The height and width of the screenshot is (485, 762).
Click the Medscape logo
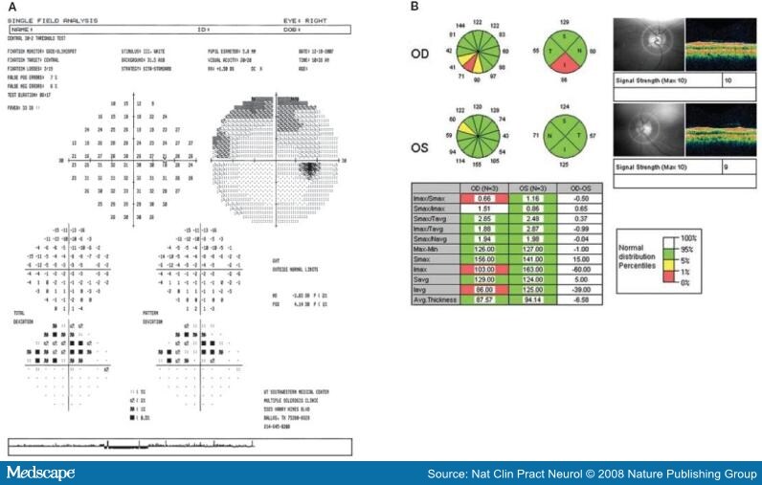[40, 474]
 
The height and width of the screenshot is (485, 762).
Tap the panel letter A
[11, 7]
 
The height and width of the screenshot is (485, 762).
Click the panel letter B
[414, 7]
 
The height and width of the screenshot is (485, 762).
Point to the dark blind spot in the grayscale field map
[312, 171]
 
